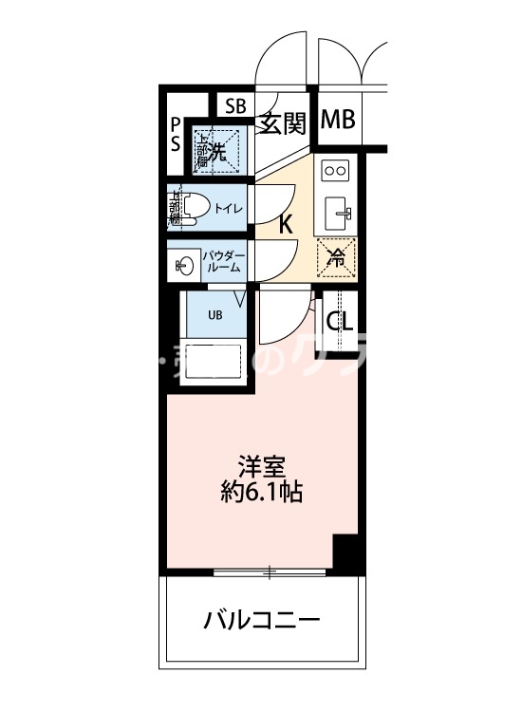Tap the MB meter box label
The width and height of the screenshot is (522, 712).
(337, 121)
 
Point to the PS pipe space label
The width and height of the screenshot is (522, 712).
(176, 135)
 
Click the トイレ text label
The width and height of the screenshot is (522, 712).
(228, 208)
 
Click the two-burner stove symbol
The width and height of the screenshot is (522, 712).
(335, 170)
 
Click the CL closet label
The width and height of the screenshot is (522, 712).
(340, 321)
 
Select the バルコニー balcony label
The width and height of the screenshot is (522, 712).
(262, 622)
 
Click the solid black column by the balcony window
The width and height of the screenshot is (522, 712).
(348, 554)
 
